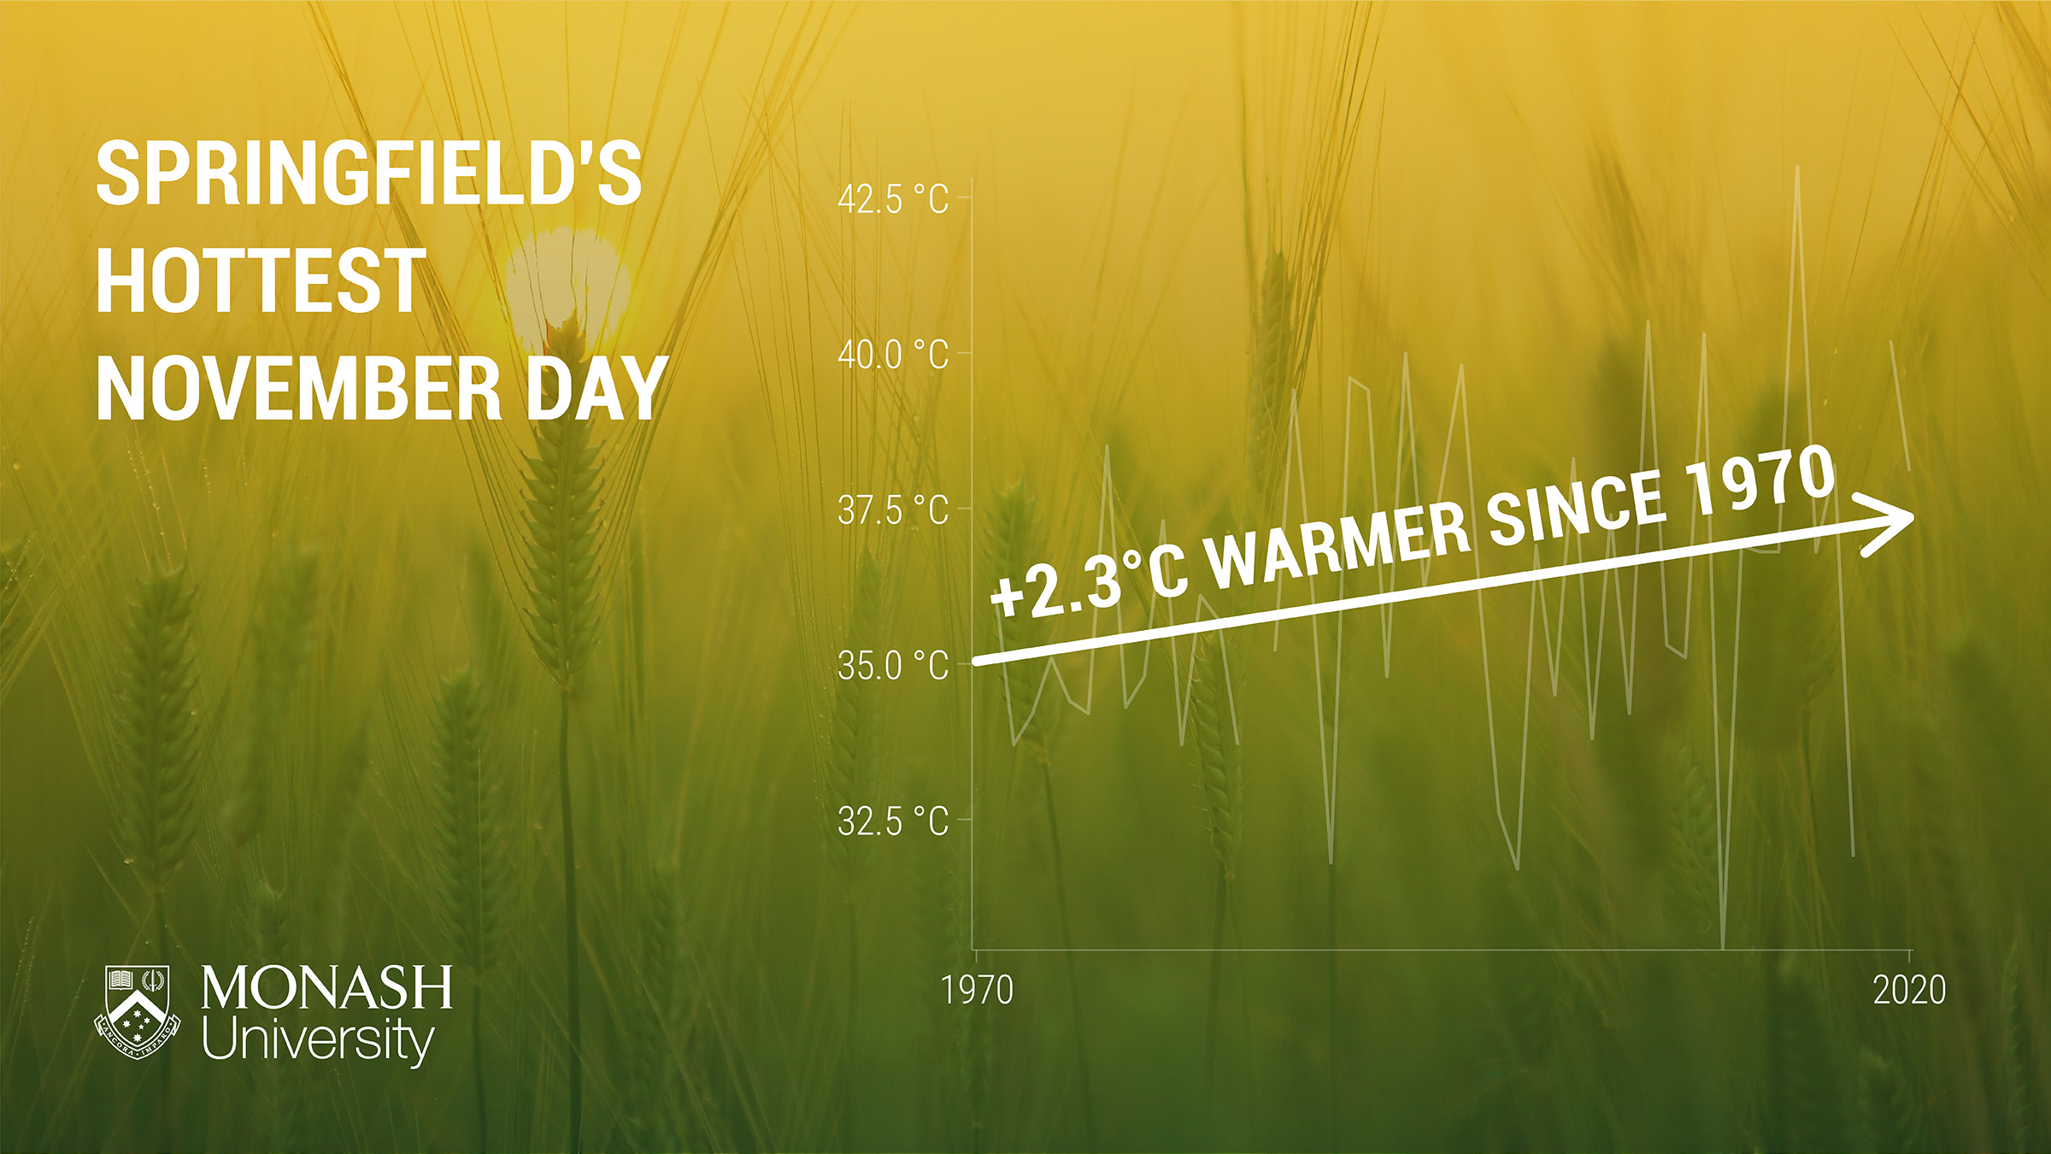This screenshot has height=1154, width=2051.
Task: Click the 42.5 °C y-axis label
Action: pyautogui.click(x=893, y=200)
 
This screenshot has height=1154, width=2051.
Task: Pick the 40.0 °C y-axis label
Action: pyautogui.click(x=893, y=355)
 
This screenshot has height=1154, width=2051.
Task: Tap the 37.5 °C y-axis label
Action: pyautogui.click(x=893, y=510)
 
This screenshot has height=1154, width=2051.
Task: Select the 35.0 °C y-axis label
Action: pyautogui.click(x=893, y=666)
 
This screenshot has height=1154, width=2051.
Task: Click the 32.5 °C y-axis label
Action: pyautogui.click(x=893, y=821)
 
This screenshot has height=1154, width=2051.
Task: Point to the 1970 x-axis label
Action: pyautogui.click(x=977, y=991)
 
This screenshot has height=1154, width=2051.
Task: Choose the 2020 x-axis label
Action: pyautogui.click(x=1909, y=991)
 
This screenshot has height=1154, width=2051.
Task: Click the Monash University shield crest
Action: pyautogui.click(x=137, y=1012)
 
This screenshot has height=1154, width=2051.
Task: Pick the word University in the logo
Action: pyautogui.click(x=318, y=1040)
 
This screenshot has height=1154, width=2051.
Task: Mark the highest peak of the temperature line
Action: pyautogui.click(x=1797, y=166)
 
